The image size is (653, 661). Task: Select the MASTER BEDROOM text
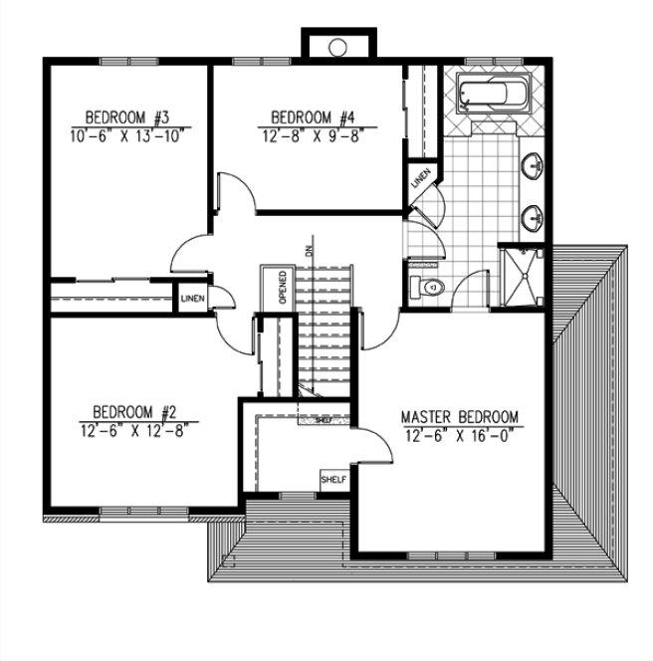pyautogui.click(x=459, y=416)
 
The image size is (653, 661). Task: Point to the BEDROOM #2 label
pyautogui.click(x=134, y=411)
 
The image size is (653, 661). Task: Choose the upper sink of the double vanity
pyautogui.click(x=535, y=165)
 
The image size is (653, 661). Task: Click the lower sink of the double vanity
pyautogui.click(x=535, y=214)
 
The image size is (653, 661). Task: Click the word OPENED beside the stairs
pyautogui.click(x=283, y=288)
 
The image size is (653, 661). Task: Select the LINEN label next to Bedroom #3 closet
pyautogui.click(x=192, y=299)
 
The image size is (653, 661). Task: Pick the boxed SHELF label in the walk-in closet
pyautogui.click(x=331, y=481)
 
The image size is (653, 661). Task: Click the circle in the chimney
pyautogui.click(x=337, y=46)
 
